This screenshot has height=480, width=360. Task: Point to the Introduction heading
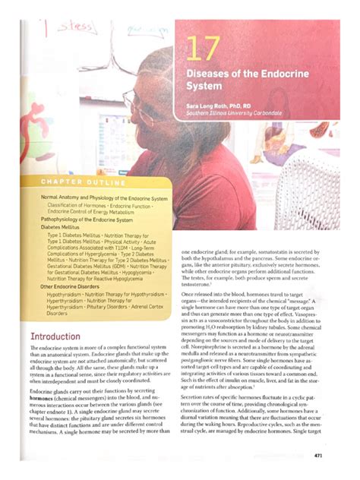[55, 336]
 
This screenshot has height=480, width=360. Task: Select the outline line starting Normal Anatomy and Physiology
[103, 198]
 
